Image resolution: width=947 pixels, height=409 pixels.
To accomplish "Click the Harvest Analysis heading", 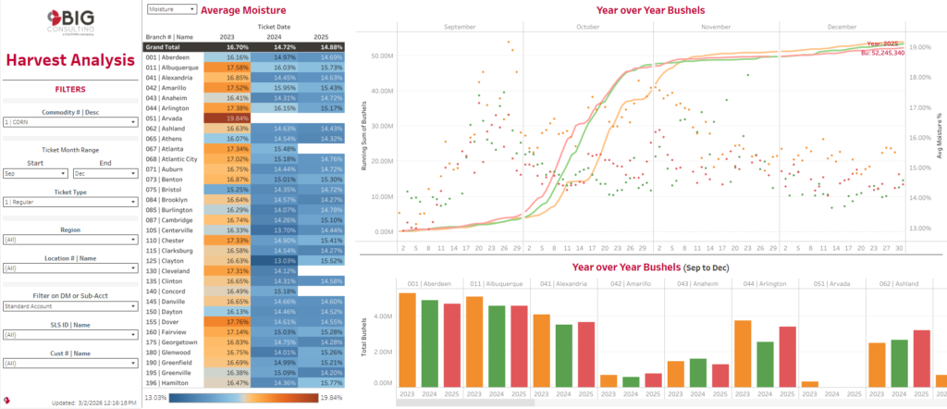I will click(70, 61).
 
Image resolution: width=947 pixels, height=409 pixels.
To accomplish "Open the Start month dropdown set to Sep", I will click(36, 173).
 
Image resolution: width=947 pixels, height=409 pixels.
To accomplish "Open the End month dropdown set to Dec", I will click(105, 173).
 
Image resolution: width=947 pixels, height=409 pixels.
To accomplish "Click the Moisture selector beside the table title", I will click(171, 8).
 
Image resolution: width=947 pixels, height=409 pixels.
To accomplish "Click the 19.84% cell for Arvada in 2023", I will click(225, 118).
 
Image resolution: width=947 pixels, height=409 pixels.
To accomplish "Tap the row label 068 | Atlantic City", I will click(172, 158).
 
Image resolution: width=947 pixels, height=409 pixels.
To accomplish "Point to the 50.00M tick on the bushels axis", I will click(382, 56).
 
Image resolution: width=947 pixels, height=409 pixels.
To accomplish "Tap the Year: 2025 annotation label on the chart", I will click(884, 43).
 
